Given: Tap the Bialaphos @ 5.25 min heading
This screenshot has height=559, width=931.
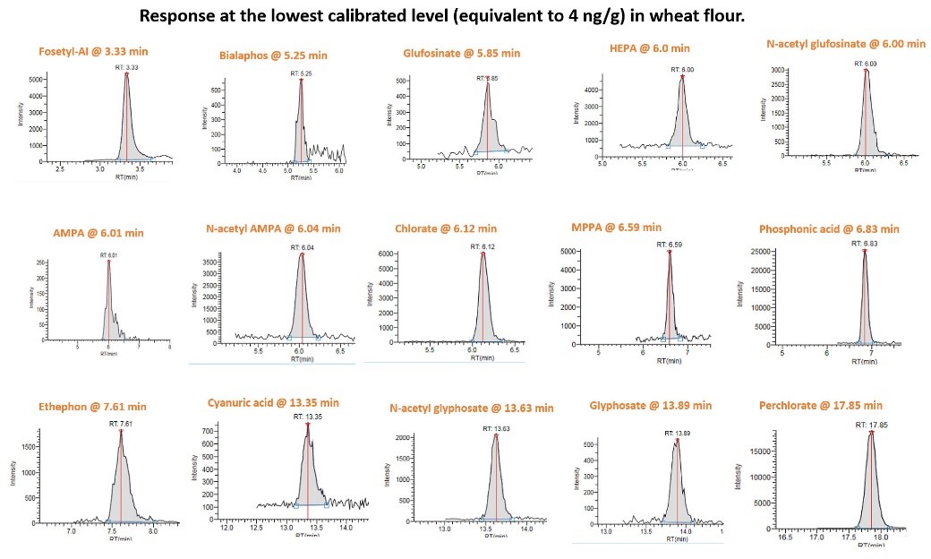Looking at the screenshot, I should coord(273,56).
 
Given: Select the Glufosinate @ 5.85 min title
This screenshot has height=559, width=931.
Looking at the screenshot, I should coord(462,53).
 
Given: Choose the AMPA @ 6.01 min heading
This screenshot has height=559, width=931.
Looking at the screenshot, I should coord(98,233).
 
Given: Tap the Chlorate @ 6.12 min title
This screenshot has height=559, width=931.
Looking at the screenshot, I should coord(446,228).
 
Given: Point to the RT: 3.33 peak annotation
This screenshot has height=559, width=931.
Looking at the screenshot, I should coord(126,66).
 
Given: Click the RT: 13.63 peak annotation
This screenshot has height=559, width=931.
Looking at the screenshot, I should coord(495,428).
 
